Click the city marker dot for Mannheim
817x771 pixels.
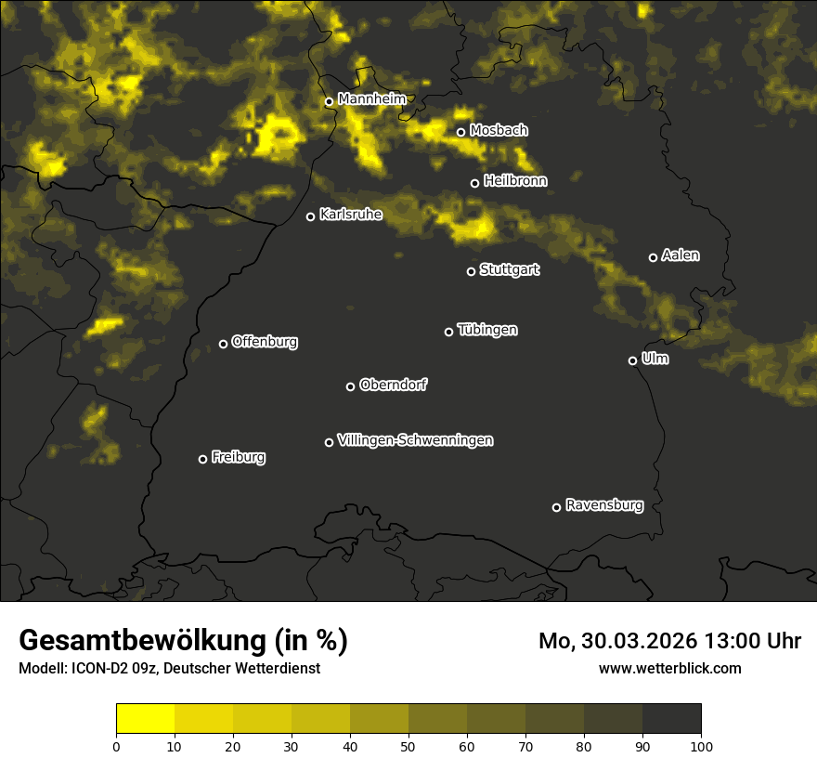[x=329, y=102]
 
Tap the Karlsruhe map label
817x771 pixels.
[x=351, y=215]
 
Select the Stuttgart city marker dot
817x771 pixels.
[x=471, y=271]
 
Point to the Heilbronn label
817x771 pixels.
[x=515, y=181]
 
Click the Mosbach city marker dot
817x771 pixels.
[x=460, y=132]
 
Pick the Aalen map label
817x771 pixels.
[x=681, y=255]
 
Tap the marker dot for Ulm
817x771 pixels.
[x=632, y=360]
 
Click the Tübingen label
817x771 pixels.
[x=487, y=330]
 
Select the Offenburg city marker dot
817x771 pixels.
[x=223, y=344]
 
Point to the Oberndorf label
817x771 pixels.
[x=394, y=385]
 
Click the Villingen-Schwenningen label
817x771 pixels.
[x=415, y=440]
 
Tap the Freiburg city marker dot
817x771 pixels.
[x=202, y=459]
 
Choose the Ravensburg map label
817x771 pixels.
[x=604, y=505]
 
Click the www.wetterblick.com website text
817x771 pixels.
[x=670, y=668]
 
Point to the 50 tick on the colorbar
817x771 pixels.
[x=408, y=745]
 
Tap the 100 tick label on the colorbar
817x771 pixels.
[x=701, y=745]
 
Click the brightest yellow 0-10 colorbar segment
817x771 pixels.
[x=146, y=719]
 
